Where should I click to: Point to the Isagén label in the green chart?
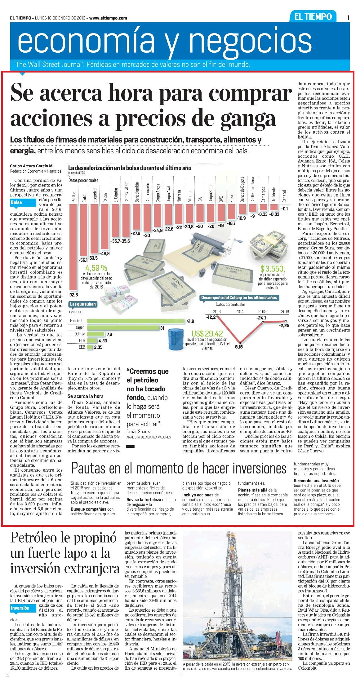coord(80,328)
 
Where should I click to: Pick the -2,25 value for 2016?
coord(284,325)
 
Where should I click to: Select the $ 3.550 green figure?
coord(273,268)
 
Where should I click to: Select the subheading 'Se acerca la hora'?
coord(86,396)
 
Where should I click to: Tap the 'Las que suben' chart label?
coord(83,304)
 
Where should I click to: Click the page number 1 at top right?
coord(349,18)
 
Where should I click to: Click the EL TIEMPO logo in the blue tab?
coord(313,17)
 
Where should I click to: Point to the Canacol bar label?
coord(284,196)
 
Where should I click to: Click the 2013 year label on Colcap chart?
coord(217,311)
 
